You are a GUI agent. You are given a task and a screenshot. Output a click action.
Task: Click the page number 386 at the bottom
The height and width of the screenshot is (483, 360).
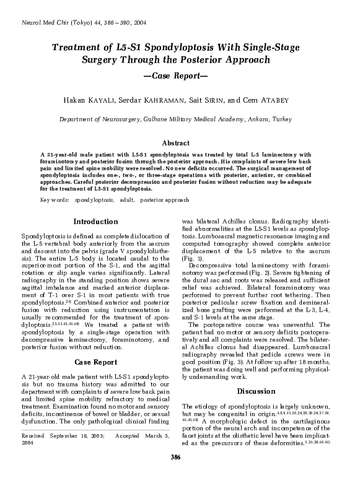click(x=179, y=475)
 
